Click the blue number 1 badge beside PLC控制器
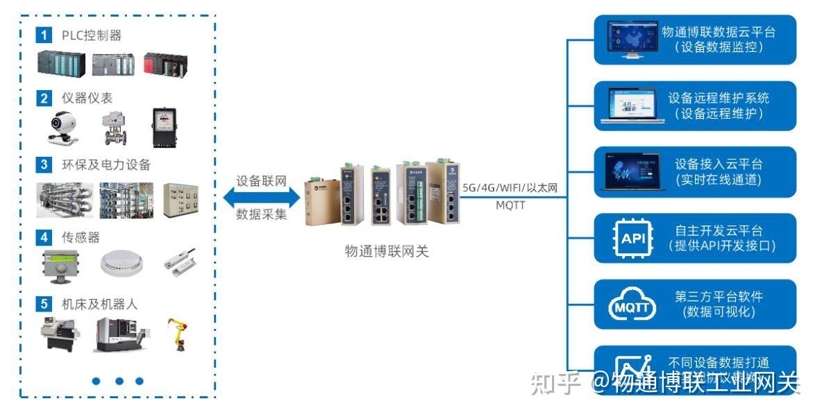click(44, 35)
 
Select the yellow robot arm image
click(178, 334)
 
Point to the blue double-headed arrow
click(261, 198)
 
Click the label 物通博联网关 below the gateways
click(387, 251)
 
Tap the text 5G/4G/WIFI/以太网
click(510, 188)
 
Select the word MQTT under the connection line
click(510, 206)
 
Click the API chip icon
click(632, 239)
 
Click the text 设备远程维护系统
click(719, 98)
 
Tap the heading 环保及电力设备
click(106, 165)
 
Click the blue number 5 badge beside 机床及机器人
click(44, 304)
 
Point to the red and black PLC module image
click(165, 65)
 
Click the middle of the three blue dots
click(119, 381)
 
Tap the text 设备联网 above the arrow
click(261, 180)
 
